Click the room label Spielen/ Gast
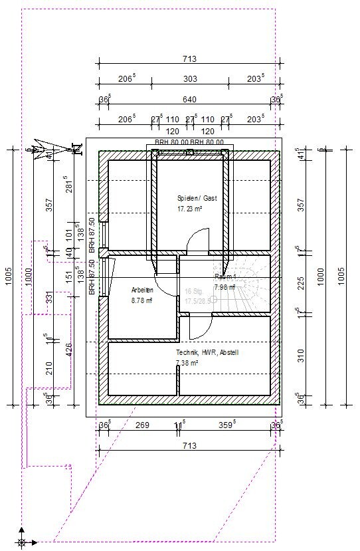click(197, 198)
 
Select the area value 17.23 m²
click(189, 208)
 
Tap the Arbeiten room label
click(143, 290)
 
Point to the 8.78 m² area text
click(141, 300)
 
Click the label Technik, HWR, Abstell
click(207, 352)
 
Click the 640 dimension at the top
click(189, 100)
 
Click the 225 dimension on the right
click(301, 282)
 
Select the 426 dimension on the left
click(68, 349)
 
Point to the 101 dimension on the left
click(68, 234)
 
